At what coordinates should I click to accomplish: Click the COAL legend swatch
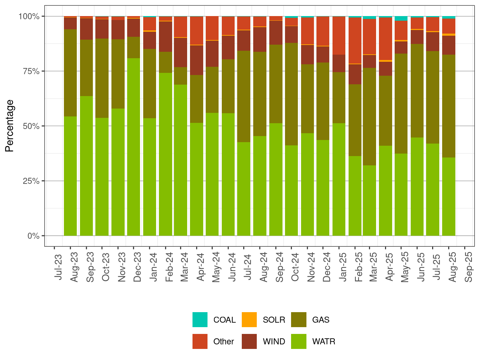(200, 320)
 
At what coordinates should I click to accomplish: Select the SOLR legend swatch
(249, 320)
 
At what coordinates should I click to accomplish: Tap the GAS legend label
(320, 320)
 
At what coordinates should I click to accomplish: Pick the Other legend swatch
(200, 341)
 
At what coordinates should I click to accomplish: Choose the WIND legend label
(274, 341)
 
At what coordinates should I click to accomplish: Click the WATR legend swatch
(299, 341)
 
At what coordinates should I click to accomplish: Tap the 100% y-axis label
(29, 16)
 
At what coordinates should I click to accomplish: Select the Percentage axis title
(10, 126)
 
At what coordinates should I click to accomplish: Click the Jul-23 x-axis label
(58, 267)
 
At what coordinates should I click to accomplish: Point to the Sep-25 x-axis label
(469, 267)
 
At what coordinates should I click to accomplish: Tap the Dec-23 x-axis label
(137, 267)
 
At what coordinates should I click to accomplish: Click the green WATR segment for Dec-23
(134, 146)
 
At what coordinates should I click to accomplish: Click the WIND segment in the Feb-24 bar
(165, 36)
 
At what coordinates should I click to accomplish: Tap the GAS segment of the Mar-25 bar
(370, 116)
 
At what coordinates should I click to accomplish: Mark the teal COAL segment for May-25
(401, 18)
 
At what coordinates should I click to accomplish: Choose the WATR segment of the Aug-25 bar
(449, 196)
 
